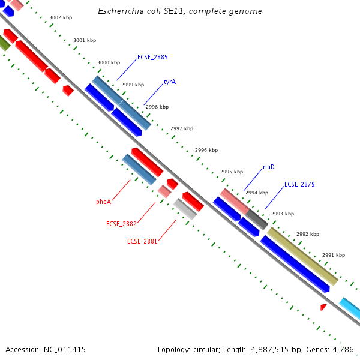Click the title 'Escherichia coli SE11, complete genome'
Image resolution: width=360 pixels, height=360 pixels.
pyautogui.click(x=180, y=11)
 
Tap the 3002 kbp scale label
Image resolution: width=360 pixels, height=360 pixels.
pyautogui.click(x=61, y=18)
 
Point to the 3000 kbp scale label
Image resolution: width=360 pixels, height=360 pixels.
pyautogui.click(x=109, y=62)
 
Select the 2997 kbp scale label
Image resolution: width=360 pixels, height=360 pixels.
pyautogui.click(x=182, y=128)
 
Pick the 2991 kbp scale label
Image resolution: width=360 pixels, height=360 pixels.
pyautogui.click(x=334, y=255)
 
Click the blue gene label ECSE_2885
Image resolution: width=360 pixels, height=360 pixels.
pyautogui.click(x=152, y=58)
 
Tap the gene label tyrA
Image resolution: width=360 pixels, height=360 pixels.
pyautogui.click(x=170, y=82)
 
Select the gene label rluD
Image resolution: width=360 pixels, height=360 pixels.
pyautogui.click(x=269, y=167)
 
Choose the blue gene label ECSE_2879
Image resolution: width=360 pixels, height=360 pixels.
pyautogui.click(x=299, y=185)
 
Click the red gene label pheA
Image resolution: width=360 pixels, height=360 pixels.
pyautogui.click(x=103, y=202)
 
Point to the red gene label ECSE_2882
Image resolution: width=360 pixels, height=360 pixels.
pyautogui.click(x=121, y=224)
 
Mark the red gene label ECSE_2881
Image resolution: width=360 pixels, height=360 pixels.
pyautogui.click(x=142, y=241)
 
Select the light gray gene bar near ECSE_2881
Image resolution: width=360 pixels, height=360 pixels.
pyautogui.click(x=185, y=209)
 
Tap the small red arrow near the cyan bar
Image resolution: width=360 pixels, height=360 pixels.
pyautogui.click(x=323, y=307)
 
